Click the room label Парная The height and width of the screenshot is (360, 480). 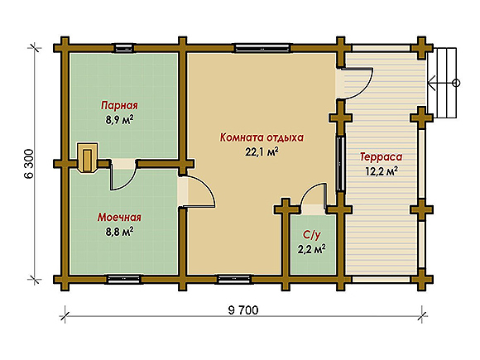coord(119,106)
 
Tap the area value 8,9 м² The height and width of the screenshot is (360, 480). coord(119,120)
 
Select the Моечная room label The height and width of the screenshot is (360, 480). coord(119,218)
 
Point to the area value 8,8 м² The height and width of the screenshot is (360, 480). coord(119,232)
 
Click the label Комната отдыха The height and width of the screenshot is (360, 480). coord(262,137)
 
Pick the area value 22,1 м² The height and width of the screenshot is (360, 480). coord(262,151)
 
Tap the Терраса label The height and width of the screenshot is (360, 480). coord(382,156)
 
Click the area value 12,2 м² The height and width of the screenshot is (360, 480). coord(382,171)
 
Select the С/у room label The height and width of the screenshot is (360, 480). coord(312,235)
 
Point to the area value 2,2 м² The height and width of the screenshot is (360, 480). coord(312,249)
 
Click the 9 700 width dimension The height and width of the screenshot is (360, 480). coord(243,310)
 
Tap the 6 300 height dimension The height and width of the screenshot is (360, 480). coord(28,164)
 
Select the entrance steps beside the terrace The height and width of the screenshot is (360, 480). coord(443,83)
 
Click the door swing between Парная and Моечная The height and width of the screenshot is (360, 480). coord(123,179)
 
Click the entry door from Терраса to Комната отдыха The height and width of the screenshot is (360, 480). coord(359,84)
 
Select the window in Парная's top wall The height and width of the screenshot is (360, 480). coord(124,48)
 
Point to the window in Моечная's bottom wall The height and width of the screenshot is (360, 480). coord(124,279)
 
